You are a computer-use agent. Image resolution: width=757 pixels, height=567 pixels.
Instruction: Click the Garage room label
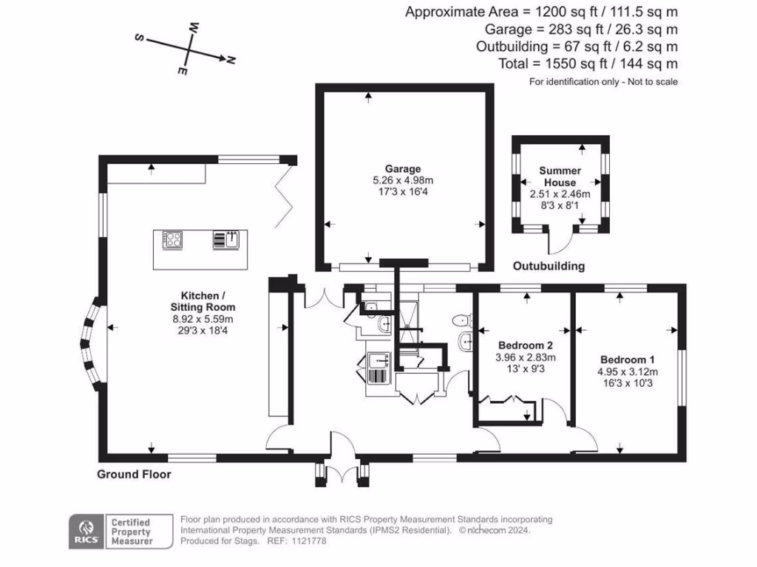click(x=403, y=169)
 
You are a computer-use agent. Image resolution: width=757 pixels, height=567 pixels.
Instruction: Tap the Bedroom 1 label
click(x=627, y=360)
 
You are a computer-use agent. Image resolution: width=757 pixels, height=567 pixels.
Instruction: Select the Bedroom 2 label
click(x=526, y=346)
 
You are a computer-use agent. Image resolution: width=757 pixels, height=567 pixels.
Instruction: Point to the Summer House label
click(x=560, y=176)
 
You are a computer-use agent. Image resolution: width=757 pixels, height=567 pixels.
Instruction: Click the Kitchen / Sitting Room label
click(x=203, y=301)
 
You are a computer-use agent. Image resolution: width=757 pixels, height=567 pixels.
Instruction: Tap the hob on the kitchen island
click(x=172, y=240)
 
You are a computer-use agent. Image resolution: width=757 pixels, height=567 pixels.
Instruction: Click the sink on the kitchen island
click(x=226, y=240)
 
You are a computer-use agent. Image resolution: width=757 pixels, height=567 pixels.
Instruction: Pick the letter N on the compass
click(x=231, y=61)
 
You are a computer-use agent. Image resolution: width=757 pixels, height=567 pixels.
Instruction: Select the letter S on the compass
click(x=139, y=37)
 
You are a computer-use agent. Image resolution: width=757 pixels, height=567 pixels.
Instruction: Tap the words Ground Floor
click(x=134, y=475)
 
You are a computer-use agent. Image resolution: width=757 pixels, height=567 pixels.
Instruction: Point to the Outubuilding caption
click(x=549, y=266)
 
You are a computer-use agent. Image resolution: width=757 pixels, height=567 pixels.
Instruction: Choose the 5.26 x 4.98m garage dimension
click(x=403, y=180)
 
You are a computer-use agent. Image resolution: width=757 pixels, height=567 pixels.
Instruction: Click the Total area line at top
click(x=588, y=63)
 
